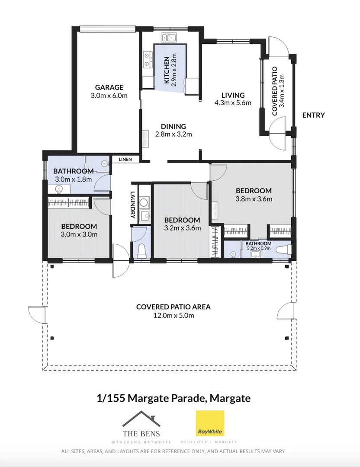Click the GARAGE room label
(x=109, y=87)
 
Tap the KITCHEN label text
(x=167, y=70)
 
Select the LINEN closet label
(x=125, y=159)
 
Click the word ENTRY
(x=314, y=115)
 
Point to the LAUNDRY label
(x=133, y=205)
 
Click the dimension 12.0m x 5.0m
(x=174, y=315)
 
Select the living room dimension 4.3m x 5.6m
(x=233, y=103)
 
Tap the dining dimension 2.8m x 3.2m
(x=174, y=134)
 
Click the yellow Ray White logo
(x=210, y=423)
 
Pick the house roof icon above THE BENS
(x=141, y=419)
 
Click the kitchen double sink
(x=169, y=38)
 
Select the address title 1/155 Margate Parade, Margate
(x=174, y=398)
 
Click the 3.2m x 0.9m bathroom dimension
(x=259, y=248)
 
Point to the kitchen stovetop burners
(x=147, y=60)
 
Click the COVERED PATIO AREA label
(x=174, y=307)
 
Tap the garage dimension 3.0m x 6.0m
(x=109, y=96)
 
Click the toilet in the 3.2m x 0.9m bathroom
(x=283, y=249)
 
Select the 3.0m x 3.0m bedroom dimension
(x=79, y=234)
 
